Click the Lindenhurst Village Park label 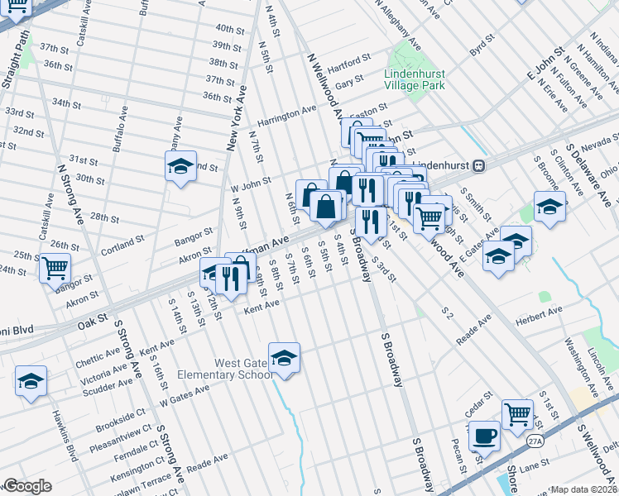coord(415,79)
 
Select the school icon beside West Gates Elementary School coord(284,358)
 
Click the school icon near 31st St coord(180,168)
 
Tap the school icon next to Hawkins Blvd coord(31,381)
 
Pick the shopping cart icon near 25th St coord(55,268)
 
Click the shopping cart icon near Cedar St coord(517,413)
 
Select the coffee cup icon coord(483,434)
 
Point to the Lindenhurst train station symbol coord(478,165)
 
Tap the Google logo coord(27,486)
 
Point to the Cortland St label coord(122,243)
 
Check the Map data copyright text coord(584,489)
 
